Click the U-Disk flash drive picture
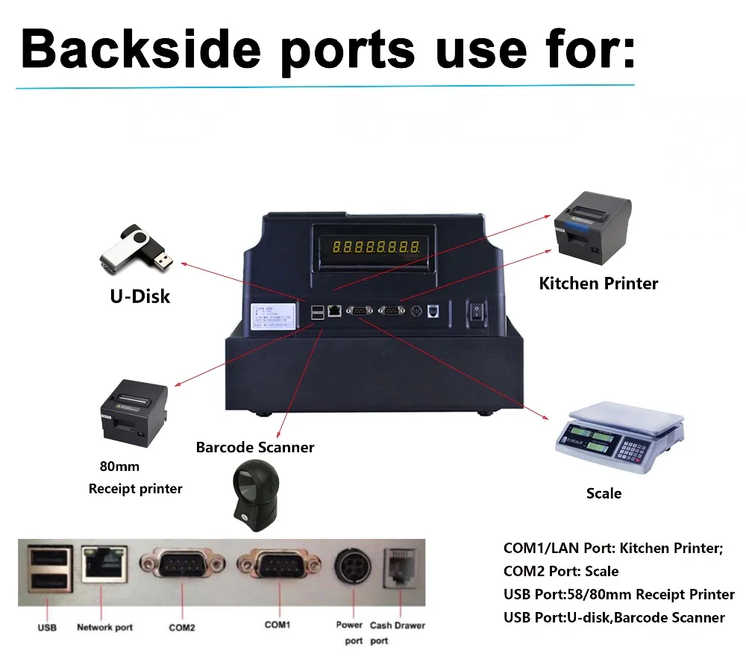pyautogui.click(x=137, y=249)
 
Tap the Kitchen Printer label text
pyautogui.click(x=598, y=284)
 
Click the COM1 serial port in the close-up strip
pyautogui.click(x=276, y=572)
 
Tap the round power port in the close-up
pyautogui.click(x=350, y=571)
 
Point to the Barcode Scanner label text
pyautogui.click(x=255, y=447)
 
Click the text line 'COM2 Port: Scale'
pyautogui.click(x=561, y=572)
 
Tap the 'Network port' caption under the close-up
pyautogui.click(x=104, y=627)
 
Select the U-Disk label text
pyautogui.click(x=140, y=296)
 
